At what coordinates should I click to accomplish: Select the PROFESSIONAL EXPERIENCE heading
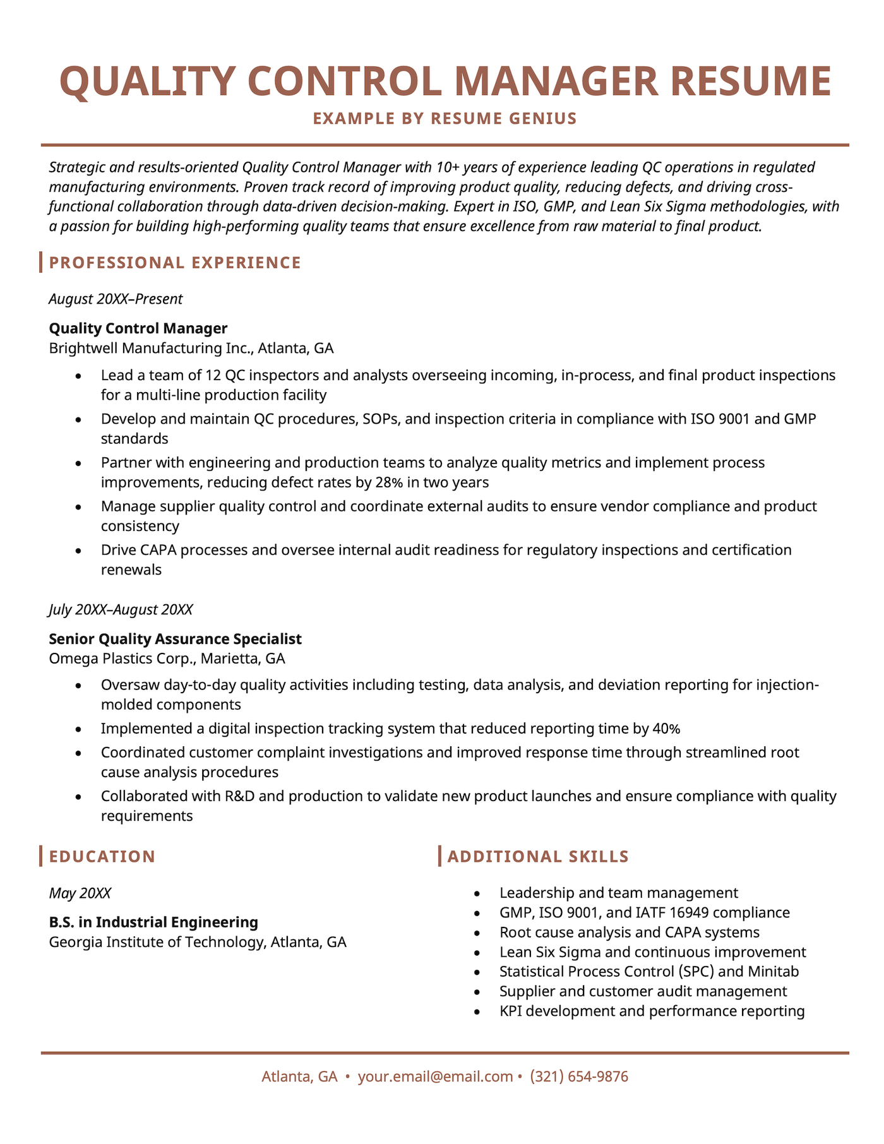click(175, 263)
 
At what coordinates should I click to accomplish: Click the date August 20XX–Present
click(116, 299)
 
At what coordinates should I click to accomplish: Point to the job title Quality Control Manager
click(138, 328)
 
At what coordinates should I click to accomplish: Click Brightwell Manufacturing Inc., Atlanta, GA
click(191, 348)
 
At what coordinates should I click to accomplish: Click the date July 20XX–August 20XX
click(121, 610)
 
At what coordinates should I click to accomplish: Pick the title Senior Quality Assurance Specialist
click(175, 639)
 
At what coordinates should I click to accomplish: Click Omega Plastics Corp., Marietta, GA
click(167, 658)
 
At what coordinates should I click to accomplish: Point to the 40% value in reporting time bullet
click(666, 729)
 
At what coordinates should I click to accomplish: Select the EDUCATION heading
click(102, 857)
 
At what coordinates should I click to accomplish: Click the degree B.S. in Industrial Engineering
click(153, 922)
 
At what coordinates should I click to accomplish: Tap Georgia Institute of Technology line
click(197, 942)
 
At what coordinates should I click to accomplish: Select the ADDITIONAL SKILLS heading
click(537, 857)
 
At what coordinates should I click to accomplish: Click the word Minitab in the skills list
click(773, 972)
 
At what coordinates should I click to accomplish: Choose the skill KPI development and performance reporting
click(652, 1011)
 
